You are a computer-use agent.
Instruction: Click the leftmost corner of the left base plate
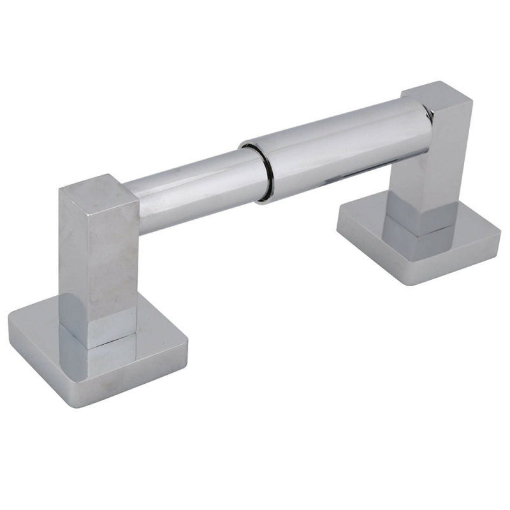10,319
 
